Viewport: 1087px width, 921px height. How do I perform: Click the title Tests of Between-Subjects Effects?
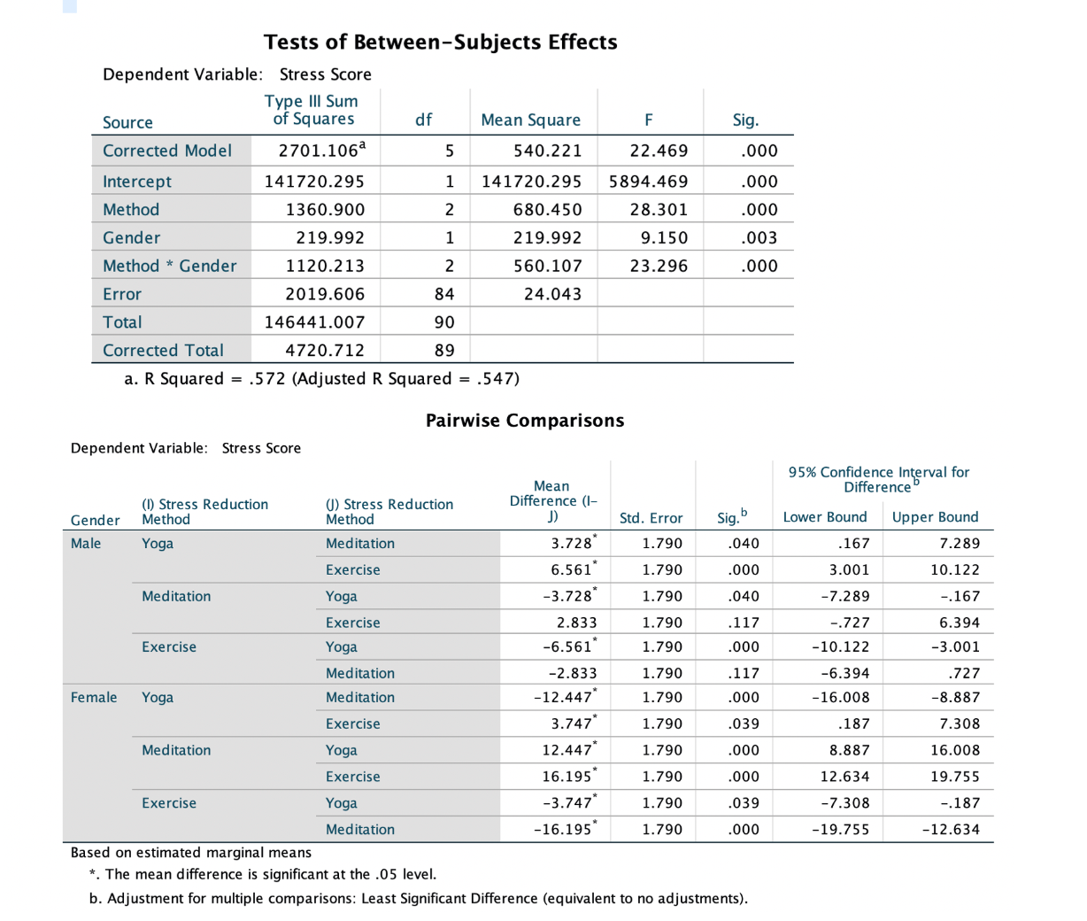(440, 42)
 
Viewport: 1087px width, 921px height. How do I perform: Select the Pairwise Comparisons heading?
(524, 421)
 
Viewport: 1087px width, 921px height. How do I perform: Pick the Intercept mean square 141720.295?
(531, 182)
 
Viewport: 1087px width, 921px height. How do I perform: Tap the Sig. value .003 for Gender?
(760, 237)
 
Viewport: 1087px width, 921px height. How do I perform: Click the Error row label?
(122, 294)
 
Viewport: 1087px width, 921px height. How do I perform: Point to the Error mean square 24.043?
(552, 294)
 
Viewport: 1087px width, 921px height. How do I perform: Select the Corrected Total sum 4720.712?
(324, 350)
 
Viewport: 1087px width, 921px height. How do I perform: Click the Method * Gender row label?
(169, 266)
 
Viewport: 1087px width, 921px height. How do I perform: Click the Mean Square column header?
(530, 120)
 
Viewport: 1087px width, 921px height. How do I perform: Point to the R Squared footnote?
(321, 379)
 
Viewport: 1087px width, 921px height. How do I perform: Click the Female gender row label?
(94, 697)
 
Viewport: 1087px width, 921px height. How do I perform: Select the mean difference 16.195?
(567, 777)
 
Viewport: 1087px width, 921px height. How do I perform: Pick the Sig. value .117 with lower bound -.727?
(742, 623)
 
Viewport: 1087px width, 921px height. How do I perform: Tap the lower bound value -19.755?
(840, 830)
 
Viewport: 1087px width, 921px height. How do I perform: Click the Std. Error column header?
(651, 518)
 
